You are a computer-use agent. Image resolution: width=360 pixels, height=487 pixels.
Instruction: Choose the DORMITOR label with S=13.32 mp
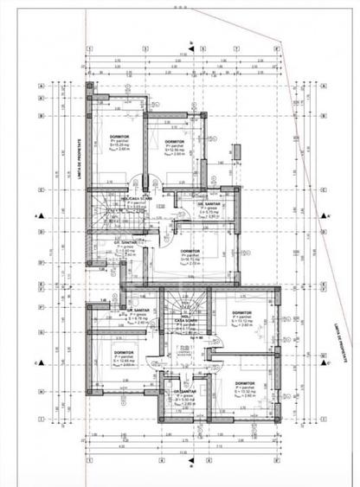click(x=244, y=383)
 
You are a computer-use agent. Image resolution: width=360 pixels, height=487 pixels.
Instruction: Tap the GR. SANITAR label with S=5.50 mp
click(x=185, y=391)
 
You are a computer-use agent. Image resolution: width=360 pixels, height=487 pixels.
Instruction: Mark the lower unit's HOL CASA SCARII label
click(x=185, y=318)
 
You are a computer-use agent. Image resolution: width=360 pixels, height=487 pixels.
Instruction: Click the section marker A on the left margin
click(x=36, y=215)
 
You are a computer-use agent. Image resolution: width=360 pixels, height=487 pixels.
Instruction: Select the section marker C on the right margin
click(x=323, y=363)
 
